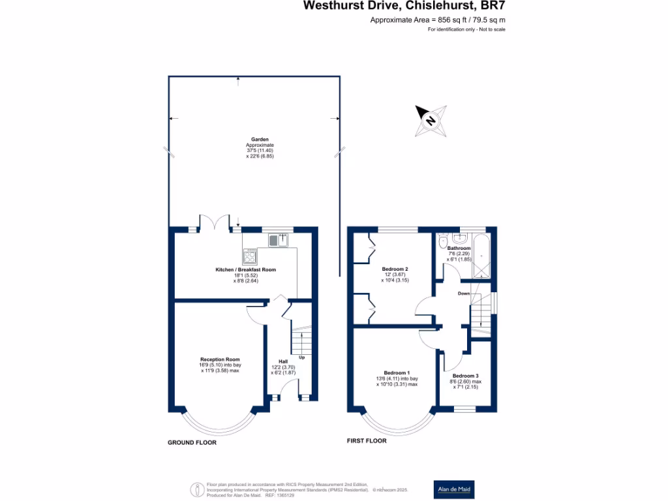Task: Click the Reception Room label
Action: tap(220, 359)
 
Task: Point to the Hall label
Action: tap(283, 361)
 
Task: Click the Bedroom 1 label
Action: tap(396, 372)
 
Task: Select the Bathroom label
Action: tap(459, 249)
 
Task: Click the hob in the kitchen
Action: tap(250, 256)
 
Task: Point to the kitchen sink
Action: tap(277, 241)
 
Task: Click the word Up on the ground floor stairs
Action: tap(301, 357)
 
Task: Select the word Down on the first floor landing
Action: tap(464, 294)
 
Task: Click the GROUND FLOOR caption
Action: tap(192, 442)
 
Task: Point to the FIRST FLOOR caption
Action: tap(366, 441)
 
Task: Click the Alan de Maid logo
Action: tap(454, 489)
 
